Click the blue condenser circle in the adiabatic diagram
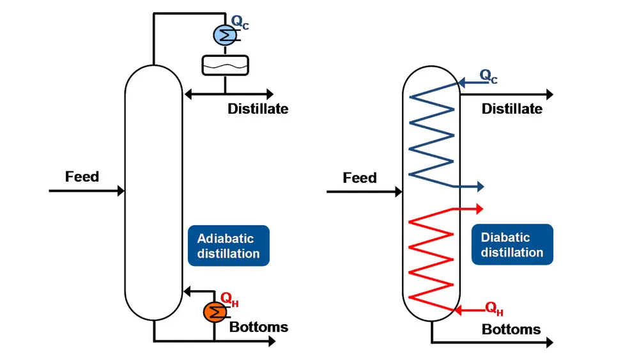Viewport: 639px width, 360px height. click(x=224, y=33)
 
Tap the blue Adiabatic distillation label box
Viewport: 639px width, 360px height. click(x=229, y=246)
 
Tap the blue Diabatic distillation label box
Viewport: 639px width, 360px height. click(x=512, y=245)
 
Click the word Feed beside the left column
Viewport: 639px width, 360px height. click(x=82, y=176)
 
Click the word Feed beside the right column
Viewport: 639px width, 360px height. click(x=360, y=178)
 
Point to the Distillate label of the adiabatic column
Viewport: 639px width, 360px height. click(x=258, y=109)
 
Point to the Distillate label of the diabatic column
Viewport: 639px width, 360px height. click(x=512, y=109)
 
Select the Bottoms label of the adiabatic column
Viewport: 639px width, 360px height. click(x=259, y=327)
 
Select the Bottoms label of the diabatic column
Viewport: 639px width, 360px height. click(x=511, y=329)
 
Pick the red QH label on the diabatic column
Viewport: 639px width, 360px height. click(x=495, y=309)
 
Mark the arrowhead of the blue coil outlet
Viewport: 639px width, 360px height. click(x=481, y=187)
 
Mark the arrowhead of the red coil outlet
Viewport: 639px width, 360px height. click(x=481, y=208)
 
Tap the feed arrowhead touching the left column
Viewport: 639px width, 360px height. click(x=120, y=191)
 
